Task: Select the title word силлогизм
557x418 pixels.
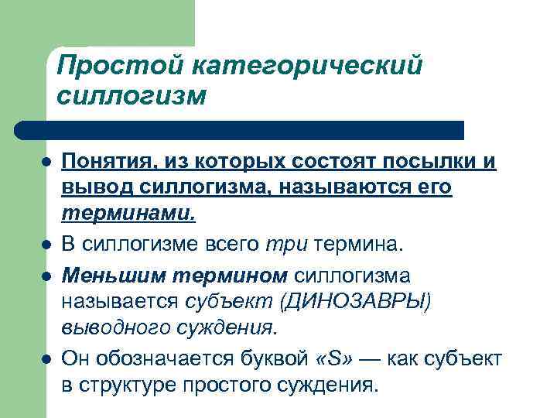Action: point(132,96)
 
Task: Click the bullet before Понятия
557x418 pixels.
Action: point(47,163)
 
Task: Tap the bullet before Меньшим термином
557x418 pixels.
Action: point(47,274)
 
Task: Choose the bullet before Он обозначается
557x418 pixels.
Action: point(47,358)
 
